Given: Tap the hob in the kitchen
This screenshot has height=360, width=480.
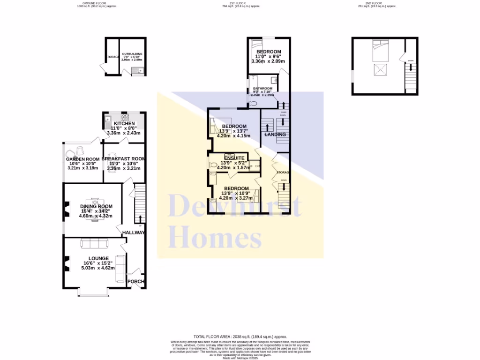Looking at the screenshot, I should (x=125, y=117).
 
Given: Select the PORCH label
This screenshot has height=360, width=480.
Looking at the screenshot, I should (x=136, y=282).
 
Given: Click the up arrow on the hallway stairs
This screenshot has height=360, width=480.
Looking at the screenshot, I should (x=138, y=218).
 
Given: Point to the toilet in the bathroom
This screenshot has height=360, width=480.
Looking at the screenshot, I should (x=254, y=103).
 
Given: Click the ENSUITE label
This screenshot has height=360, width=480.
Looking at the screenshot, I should (x=234, y=158).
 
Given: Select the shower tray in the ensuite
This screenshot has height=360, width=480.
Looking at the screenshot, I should (x=254, y=165).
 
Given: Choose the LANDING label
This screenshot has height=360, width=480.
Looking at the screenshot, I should (x=275, y=135).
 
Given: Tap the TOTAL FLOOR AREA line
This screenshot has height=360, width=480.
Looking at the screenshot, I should (x=240, y=337).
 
